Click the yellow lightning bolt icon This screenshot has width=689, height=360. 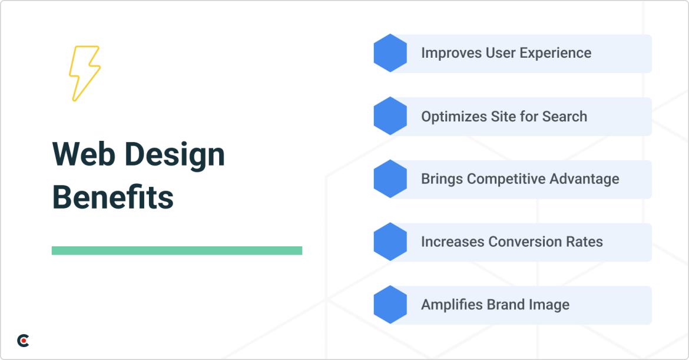coord(84,73)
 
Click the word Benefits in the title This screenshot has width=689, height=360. coord(113,197)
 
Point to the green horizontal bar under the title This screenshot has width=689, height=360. coord(177,250)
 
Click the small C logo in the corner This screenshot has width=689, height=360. coord(23,340)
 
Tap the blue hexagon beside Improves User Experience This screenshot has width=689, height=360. coord(390,53)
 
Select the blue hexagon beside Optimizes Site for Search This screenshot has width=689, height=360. coord(390,116)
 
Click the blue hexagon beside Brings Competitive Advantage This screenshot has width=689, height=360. coord(390,179)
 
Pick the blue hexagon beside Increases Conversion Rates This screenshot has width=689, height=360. coord(390,242)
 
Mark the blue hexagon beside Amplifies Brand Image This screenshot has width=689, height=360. coord(390,305)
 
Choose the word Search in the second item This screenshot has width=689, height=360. coord(565,117)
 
